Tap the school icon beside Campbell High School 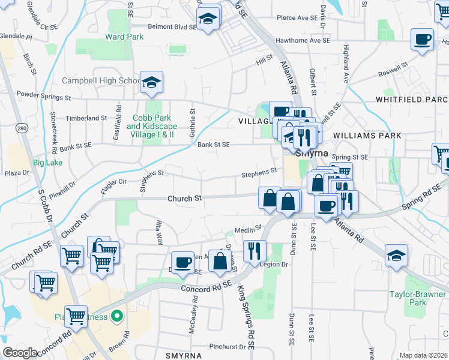(151, 83)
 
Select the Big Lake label (47, 163)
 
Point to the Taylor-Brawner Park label (415, 298)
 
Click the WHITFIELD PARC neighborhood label (412, 99)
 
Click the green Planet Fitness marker (118, 317)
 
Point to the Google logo (20, 353)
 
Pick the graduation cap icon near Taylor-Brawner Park (396, 256)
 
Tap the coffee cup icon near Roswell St (422, 40)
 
